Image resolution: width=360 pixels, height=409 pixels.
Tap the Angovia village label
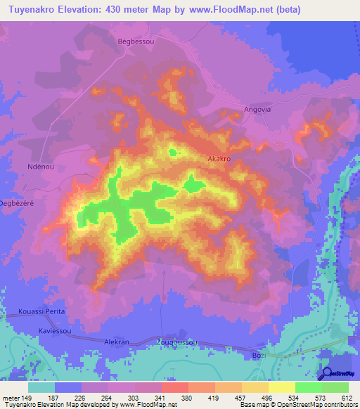[257, 110]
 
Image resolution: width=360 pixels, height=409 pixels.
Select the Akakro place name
[219, 160]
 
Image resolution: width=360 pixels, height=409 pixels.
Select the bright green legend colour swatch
[308, 387]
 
